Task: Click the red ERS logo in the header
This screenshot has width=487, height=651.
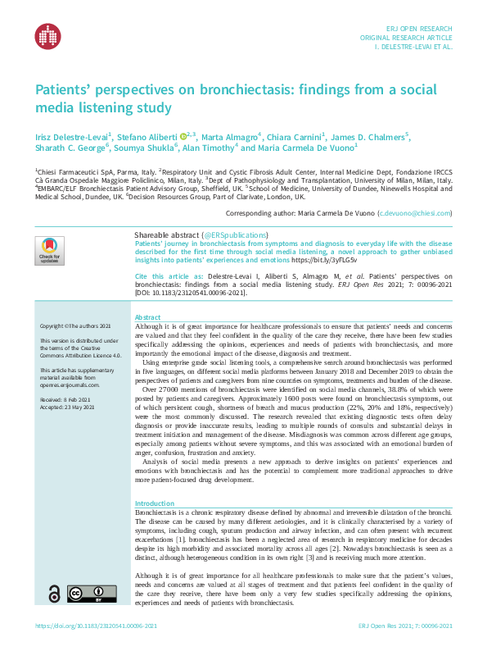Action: (x=47, y=35)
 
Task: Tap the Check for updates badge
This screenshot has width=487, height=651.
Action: (x=49, y=250)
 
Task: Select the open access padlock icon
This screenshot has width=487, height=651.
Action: (x=54, y=617)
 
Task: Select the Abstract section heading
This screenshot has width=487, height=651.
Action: (x=147, y=316)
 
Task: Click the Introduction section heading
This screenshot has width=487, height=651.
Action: (x=154, y=503)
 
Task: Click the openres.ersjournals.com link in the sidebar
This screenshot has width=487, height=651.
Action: (x=74, y=398)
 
